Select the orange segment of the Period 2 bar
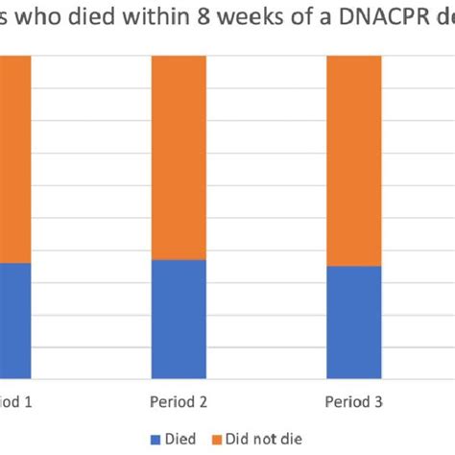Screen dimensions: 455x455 point(180,157)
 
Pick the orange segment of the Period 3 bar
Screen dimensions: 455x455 point(354,160)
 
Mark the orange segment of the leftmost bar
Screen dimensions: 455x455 point(15,159)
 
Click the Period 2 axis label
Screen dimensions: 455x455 point(180,401)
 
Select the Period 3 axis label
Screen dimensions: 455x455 point(354,401)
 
